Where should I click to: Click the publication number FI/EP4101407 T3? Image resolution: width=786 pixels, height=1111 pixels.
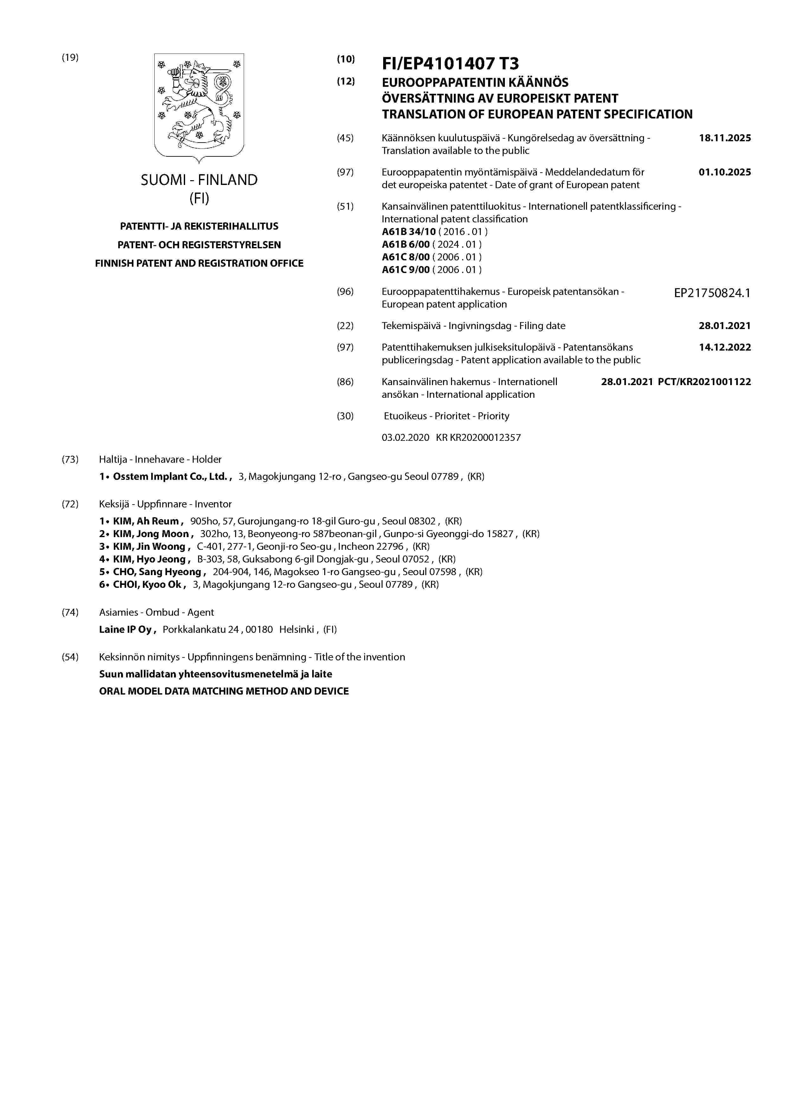(x=450, y=63)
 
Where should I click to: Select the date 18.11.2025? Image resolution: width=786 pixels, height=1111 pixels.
(x=725, y=138)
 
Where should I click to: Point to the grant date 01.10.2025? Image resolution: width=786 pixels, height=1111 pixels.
(x=725, y=172)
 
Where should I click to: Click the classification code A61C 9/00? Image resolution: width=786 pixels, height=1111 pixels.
(x=405, y=270)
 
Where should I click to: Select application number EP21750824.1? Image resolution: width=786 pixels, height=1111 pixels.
(x=712, y=293)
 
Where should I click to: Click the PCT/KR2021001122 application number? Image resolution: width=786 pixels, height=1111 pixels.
(x=704, y=382)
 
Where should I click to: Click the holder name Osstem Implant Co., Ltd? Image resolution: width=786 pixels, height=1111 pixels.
(x=170, y=477)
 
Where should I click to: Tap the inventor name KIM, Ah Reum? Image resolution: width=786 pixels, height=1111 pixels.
(x=146, y=521)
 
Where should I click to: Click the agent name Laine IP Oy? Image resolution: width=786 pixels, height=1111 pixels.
(x=126, y=630)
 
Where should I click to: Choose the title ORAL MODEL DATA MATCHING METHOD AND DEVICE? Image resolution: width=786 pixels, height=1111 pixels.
(x=224, y=691)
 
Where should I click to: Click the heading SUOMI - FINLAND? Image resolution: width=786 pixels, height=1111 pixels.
(x=199, y=180)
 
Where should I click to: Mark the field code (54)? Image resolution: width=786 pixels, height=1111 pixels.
(x=70, y=657)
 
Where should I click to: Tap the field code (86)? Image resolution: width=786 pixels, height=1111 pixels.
(x=345, y=382)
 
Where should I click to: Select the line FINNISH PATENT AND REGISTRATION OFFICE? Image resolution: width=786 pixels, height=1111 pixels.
(x=199, y=263)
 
